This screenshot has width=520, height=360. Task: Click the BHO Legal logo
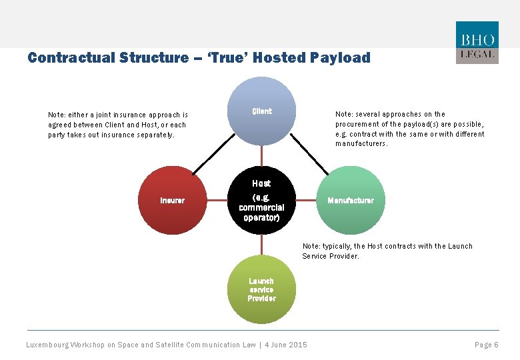(x=477, y=42)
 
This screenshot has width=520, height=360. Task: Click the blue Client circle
(x=261, y=111)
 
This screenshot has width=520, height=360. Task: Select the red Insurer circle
(x=173, y=200)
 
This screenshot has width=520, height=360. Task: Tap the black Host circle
(x=261, y=200)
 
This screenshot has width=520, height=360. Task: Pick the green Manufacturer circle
(x=351, y=200)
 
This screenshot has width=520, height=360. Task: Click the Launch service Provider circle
(x=261, y=289)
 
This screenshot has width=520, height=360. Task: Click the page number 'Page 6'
(x=486, y=345)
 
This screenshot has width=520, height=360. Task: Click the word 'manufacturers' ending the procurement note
(x=361, y=143)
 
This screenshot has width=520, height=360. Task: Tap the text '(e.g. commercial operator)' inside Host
(x=261, y=207)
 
